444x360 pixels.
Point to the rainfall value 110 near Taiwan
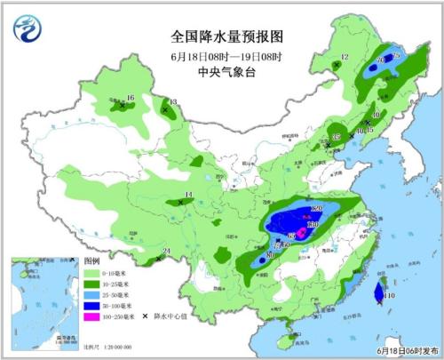click(389, 295)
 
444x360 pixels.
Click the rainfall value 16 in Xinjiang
click(130, 98)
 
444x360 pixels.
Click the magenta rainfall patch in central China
click(301, 233)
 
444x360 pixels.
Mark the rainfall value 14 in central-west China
click(188, 196)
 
